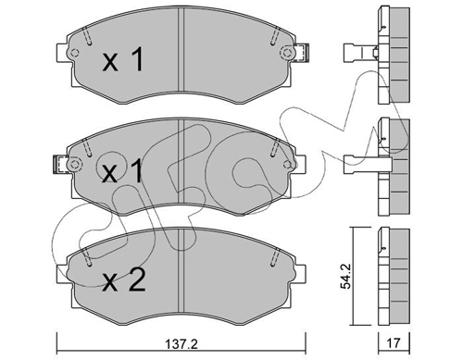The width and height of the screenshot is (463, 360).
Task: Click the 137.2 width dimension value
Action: pos(181,343)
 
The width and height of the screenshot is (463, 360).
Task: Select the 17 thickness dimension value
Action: pos(393,343)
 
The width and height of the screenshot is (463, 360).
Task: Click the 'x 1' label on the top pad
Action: pos(123,59)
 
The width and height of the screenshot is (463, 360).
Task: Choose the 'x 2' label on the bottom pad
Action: pos(124,279)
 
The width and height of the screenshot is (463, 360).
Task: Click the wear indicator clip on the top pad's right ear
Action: pos(302,53)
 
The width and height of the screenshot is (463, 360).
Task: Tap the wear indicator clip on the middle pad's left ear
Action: pos(60,164)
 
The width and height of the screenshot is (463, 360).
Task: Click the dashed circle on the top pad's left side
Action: pos(74,53)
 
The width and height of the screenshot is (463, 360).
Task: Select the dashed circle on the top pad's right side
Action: pos(287,53)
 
